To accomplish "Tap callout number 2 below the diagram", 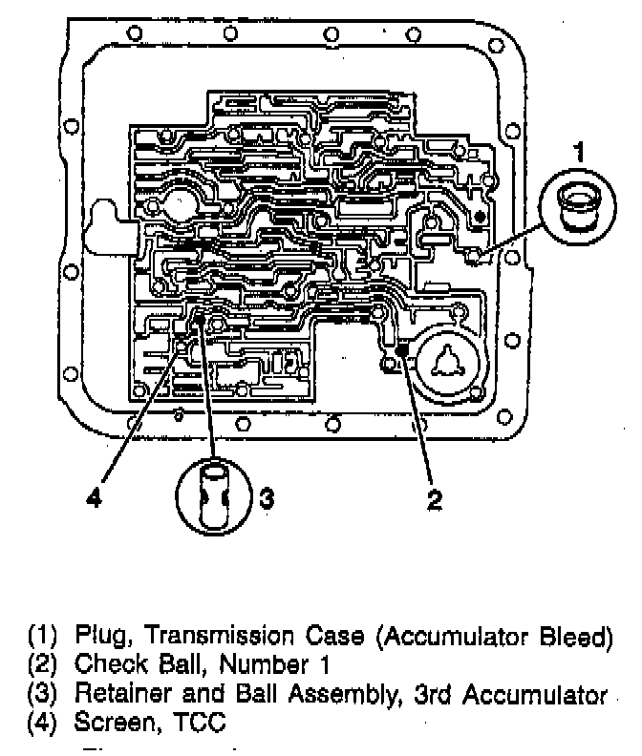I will pos(435,498).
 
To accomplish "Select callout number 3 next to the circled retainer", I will pos(268,496).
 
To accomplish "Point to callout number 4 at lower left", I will pos(94,498).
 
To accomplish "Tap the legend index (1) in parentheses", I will pos(42,637).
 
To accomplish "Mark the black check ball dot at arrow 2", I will pos(401,351).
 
